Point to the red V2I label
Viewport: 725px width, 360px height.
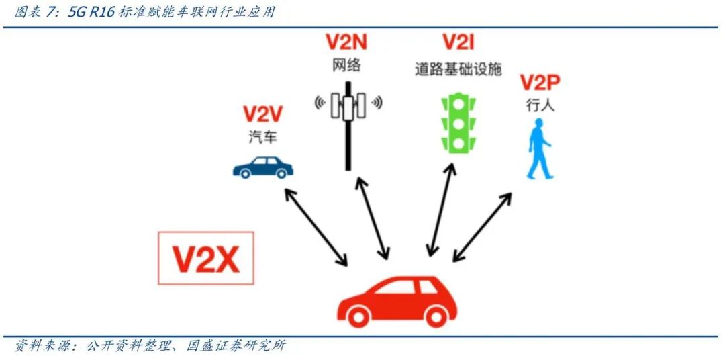458,44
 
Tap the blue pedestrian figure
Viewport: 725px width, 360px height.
538,150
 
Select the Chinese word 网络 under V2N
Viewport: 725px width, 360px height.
346,65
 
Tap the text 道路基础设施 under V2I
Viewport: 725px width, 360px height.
458,69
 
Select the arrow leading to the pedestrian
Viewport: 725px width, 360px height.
483,226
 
